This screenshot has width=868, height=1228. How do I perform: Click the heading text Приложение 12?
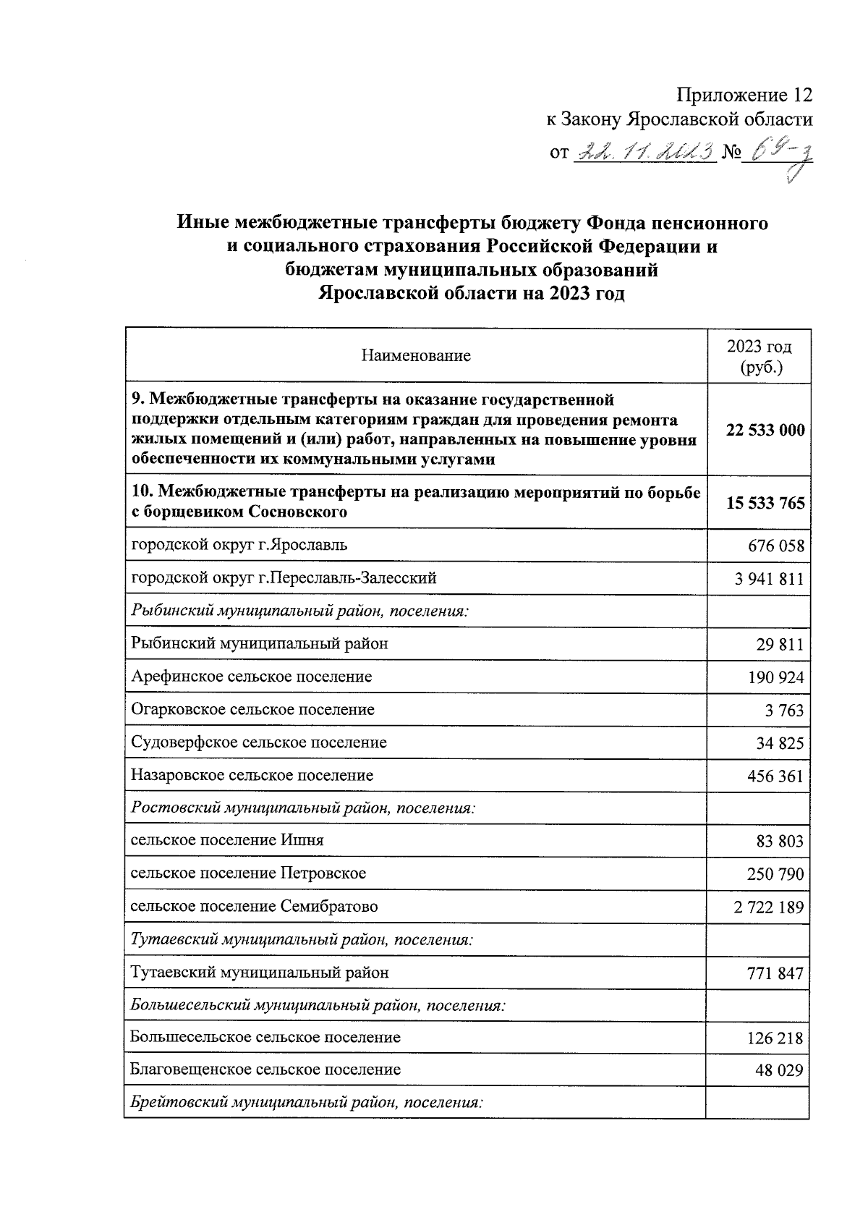[744, 95]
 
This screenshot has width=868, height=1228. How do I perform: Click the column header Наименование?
[416, 355]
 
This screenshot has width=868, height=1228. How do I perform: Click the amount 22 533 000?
[765, 430]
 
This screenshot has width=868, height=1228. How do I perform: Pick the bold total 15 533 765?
[765, 503]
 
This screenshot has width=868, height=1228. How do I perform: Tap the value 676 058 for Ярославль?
[775, 546]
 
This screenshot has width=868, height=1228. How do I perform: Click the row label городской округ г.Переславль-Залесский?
[284, 578]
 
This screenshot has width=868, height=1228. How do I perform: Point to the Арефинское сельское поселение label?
[251, 677]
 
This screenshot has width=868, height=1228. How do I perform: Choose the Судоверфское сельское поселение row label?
[258, 742]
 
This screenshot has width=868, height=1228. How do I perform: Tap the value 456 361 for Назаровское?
[775, 776]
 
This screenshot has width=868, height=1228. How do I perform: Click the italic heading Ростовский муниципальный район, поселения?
[303, 808]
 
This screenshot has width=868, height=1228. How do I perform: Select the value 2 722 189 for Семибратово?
[768, 907]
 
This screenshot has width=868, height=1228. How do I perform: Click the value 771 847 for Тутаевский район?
[775, 973]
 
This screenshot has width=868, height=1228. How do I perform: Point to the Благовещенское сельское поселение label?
[265, 1070]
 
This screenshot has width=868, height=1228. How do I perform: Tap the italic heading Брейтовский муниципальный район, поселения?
[306, 1103]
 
